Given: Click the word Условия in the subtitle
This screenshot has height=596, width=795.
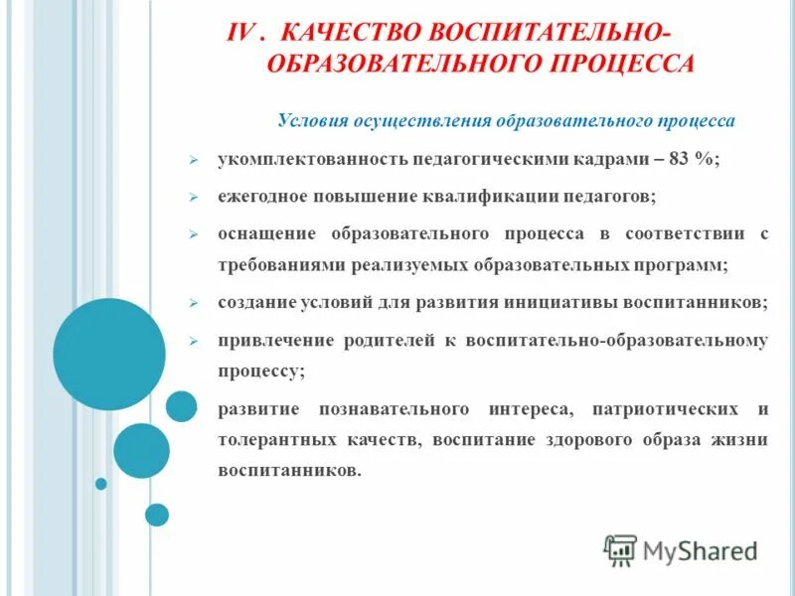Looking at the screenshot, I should tap(311, 121).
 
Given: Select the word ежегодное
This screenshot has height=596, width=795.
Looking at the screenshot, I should tap(260, 197).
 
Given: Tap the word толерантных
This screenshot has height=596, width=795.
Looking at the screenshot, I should tap(266, 439).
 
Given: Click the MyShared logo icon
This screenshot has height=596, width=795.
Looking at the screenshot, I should tap(620, 549).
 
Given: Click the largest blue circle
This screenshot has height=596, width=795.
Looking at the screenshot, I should tap(109, 354).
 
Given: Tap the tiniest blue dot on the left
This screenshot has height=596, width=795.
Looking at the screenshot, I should tap(100, 484).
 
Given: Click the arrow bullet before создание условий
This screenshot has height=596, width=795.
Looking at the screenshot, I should tap(196, 302).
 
